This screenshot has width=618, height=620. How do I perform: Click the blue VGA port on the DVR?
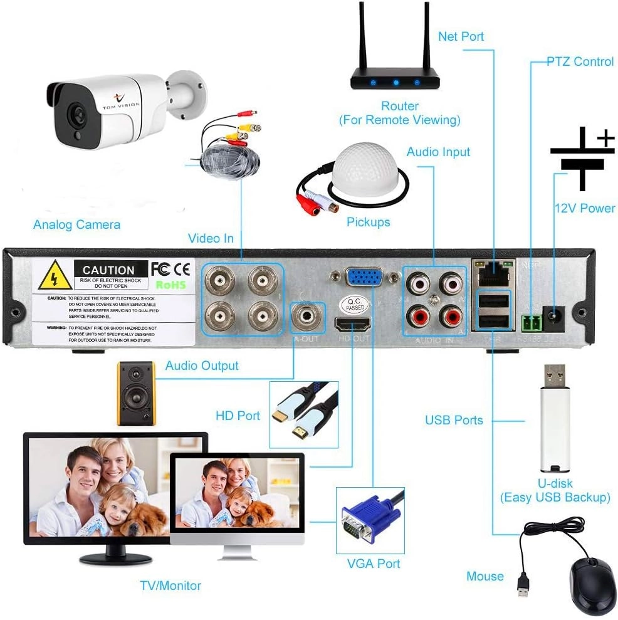[364, 278]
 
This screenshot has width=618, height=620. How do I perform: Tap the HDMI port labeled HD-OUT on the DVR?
[352, 325]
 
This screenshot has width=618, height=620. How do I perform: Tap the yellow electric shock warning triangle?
[55, 276]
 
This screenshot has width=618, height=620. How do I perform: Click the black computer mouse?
[592, 586]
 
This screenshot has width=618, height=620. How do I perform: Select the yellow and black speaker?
[136, 392]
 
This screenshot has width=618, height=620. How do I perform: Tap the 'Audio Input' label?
[438, 152]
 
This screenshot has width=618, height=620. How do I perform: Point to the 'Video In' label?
[211, 238]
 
